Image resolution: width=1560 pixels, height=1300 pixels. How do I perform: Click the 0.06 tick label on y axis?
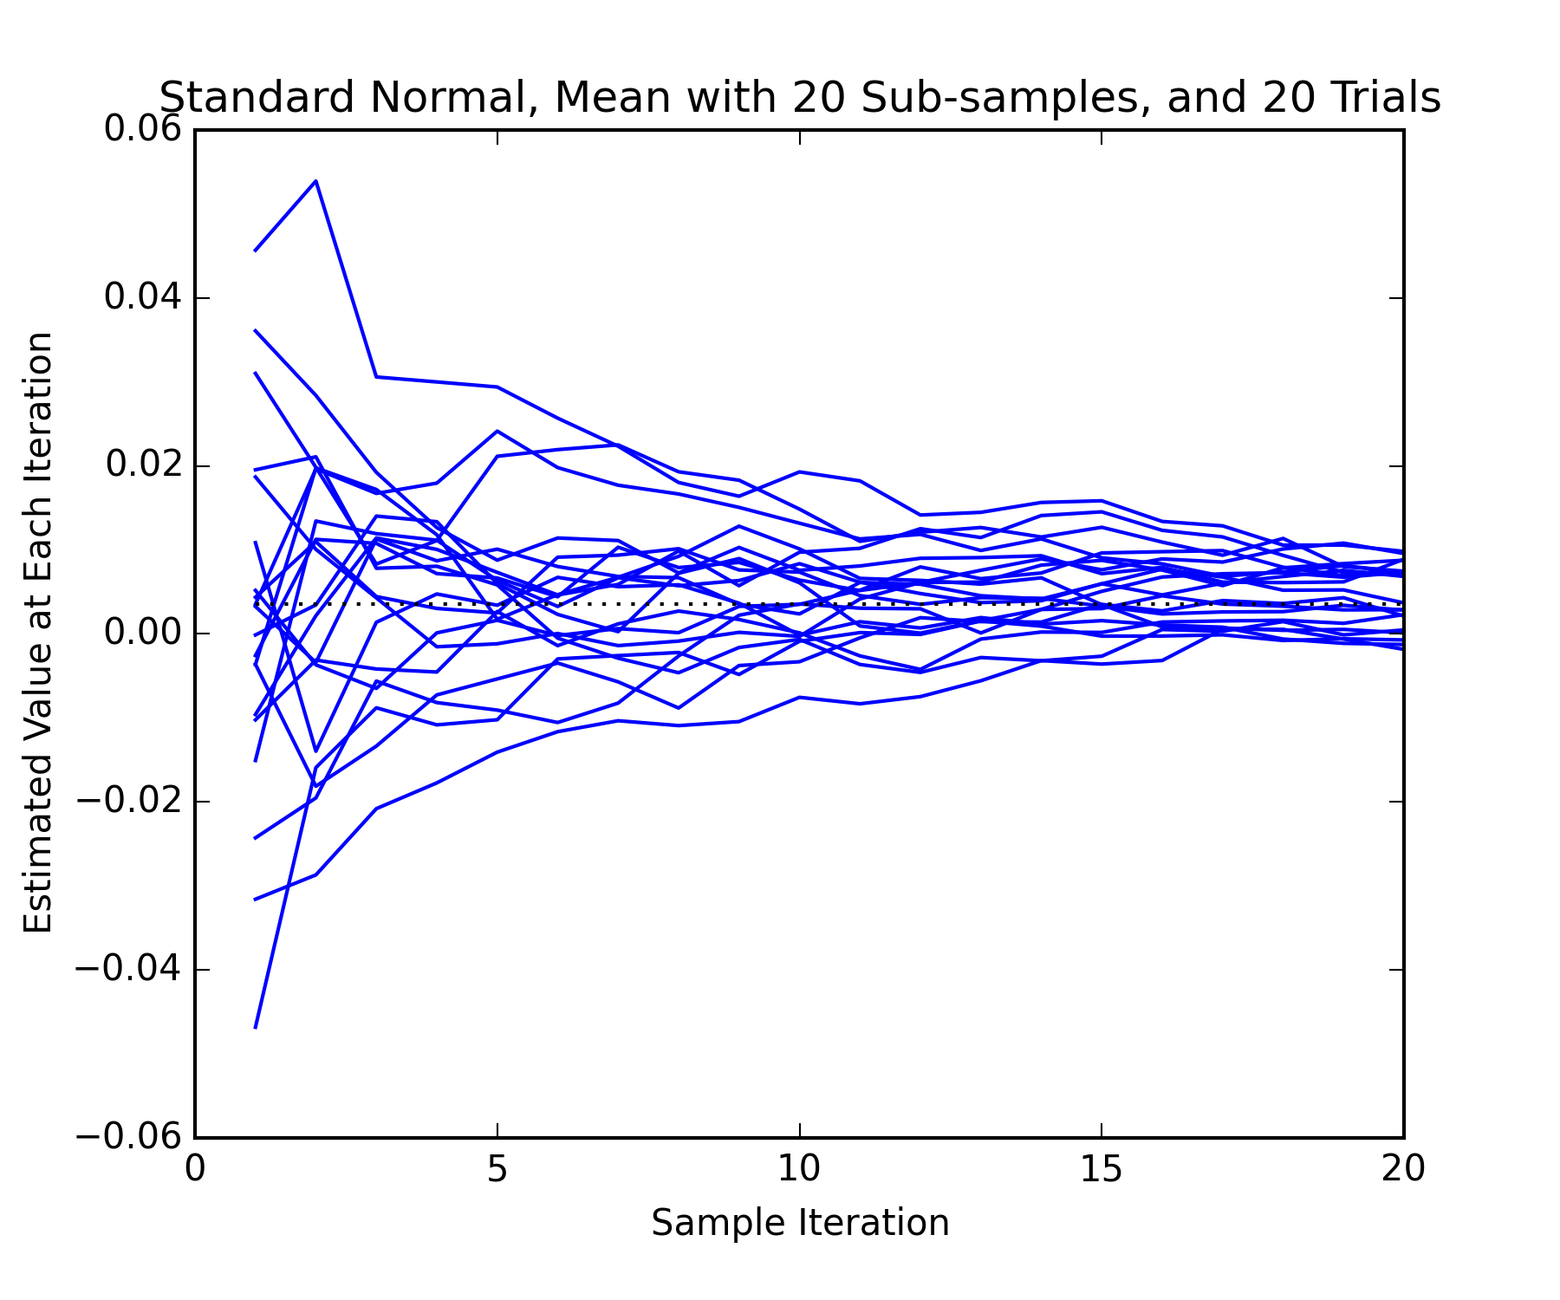click(143, 130)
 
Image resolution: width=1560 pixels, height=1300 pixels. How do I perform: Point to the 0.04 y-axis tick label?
click(143, 297)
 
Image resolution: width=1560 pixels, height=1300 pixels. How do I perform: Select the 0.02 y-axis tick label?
click(144, 465)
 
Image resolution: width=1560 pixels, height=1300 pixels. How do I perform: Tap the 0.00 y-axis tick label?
click(143, 634)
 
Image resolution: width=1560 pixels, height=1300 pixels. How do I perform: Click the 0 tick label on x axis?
click(195, 1169)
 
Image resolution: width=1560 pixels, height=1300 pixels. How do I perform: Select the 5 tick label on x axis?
click(497, 1169)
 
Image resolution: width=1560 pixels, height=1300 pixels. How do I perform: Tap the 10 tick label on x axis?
click(798, 1169)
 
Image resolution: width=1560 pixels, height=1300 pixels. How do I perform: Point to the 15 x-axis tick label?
click(1101, 1169)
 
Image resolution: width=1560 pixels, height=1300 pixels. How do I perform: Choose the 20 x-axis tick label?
click(1402, 1169)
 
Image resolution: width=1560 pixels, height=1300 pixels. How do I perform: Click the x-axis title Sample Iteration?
click(800, 1223)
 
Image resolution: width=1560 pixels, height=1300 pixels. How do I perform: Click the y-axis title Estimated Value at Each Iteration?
click(38, 633)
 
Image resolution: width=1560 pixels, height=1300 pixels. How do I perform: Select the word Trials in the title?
click(1389, 98)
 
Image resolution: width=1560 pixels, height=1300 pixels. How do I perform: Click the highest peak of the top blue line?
click(315, 181)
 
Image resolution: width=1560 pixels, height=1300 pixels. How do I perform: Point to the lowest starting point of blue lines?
click(255, 1028)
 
